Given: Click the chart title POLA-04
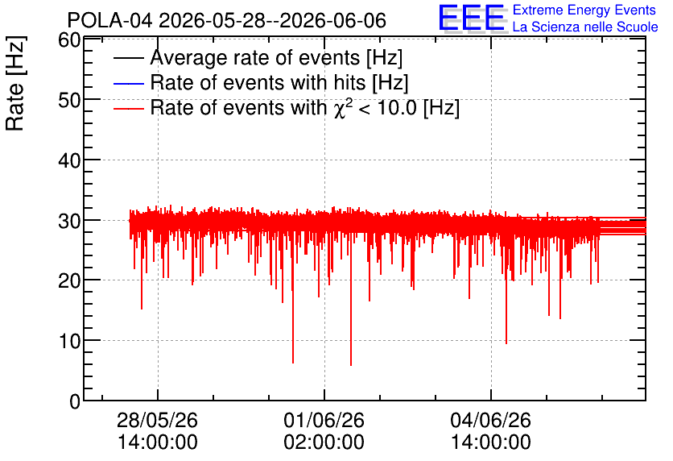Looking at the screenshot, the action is point(109,20).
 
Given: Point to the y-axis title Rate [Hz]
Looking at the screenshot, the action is point(15,83).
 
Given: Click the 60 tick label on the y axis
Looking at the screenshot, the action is point(69,40).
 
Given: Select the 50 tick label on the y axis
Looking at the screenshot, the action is point(69,100).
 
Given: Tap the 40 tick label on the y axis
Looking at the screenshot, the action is point(69,160).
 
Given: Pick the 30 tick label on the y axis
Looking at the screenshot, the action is point(69,221).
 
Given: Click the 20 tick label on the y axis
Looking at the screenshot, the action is point(69,281).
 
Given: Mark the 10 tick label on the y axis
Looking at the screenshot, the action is point(69,341).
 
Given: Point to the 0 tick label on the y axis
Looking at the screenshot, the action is point(75,401).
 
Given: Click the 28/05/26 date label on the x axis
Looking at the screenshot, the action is point(157,420).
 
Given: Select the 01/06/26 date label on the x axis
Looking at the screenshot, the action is point(324,420).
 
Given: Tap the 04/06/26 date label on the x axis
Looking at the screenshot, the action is point(490,420).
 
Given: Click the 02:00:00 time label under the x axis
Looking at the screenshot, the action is point(324,442).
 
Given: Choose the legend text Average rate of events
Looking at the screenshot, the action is point(255,57).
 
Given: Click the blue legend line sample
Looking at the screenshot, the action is point(128,83).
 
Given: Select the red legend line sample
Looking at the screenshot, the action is point(128,109).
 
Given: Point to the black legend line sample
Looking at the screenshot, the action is point(128,58).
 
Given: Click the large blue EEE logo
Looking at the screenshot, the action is point(471,18).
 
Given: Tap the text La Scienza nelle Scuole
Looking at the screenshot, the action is point(585,27).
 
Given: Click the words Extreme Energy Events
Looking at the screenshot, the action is point(584,10).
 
